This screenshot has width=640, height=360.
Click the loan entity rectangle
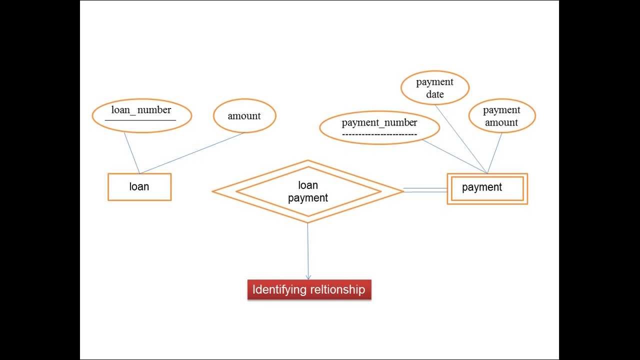pos(139,187)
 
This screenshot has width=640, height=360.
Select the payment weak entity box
pos(487,188)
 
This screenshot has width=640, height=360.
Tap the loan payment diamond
pos(308,191)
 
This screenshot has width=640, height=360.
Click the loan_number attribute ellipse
pos(142,115)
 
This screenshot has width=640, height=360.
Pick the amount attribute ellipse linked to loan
pos(244,116)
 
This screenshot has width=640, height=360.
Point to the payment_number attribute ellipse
pos(379,127)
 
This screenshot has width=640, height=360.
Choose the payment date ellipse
pos(435,88)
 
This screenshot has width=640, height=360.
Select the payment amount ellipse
pos(501,116)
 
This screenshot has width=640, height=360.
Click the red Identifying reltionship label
pos(309,289)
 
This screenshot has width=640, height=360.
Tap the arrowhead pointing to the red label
pos(308,277)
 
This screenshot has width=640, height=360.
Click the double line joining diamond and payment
pos(425,190)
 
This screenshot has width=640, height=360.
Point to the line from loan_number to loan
pos(131,152)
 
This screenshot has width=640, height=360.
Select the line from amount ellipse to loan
pos(192,152)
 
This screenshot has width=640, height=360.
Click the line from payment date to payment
pos(461,139)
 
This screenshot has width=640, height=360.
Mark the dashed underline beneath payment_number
pos(379,134)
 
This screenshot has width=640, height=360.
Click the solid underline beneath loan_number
pos(140,120)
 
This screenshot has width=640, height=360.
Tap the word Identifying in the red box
pos(279,289)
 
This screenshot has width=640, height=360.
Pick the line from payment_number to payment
pos(455,156)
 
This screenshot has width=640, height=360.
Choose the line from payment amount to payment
pos(494,153)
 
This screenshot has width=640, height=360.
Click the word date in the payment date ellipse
pos(435,94)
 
